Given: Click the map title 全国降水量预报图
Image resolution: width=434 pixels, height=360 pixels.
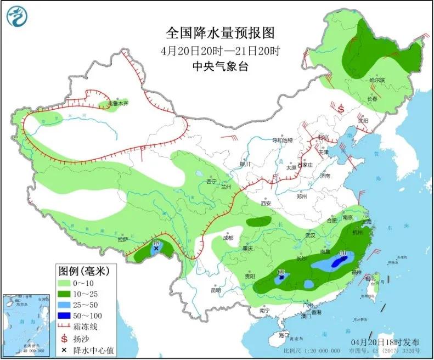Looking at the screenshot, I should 220,34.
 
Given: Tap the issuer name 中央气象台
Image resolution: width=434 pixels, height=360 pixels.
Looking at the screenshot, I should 220,66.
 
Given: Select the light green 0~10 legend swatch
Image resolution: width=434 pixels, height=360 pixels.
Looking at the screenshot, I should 67,283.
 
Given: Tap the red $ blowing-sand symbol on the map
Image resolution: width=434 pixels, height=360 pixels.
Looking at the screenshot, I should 340,109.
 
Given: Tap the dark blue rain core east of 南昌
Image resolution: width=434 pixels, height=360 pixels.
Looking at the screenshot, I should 339,263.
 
